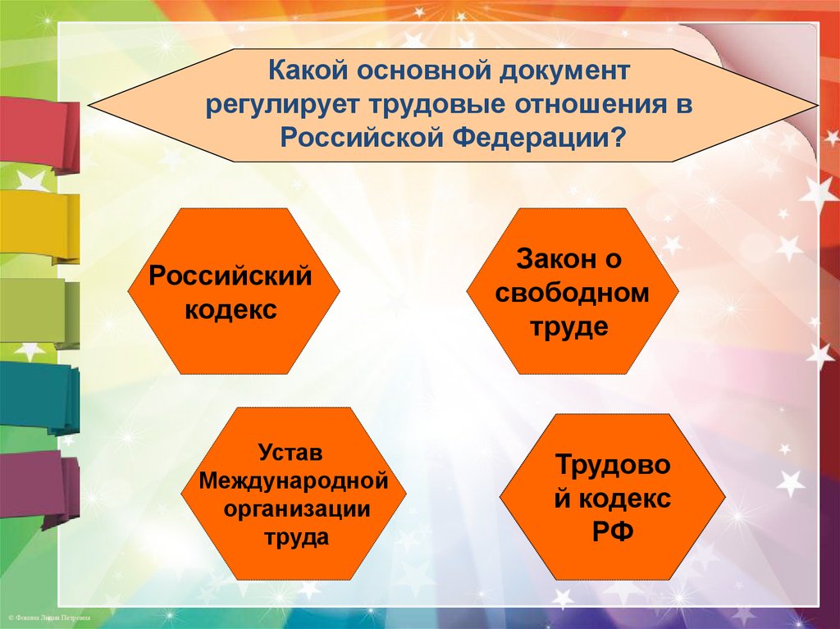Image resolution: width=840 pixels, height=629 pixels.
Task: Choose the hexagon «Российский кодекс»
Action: [234, 291]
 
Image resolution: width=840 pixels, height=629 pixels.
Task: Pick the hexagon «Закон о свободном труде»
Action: [573, 291]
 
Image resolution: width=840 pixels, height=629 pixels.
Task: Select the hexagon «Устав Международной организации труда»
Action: [294, 494]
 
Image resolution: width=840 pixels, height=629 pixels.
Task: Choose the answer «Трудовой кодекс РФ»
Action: [612, 497]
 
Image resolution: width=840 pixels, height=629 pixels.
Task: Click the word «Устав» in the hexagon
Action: [291, 452]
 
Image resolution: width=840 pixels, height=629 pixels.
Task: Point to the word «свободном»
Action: [572, 293]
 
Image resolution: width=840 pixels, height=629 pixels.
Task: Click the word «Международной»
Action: [294, 481]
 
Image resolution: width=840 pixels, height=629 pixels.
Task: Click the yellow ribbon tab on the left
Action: [39, 227]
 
